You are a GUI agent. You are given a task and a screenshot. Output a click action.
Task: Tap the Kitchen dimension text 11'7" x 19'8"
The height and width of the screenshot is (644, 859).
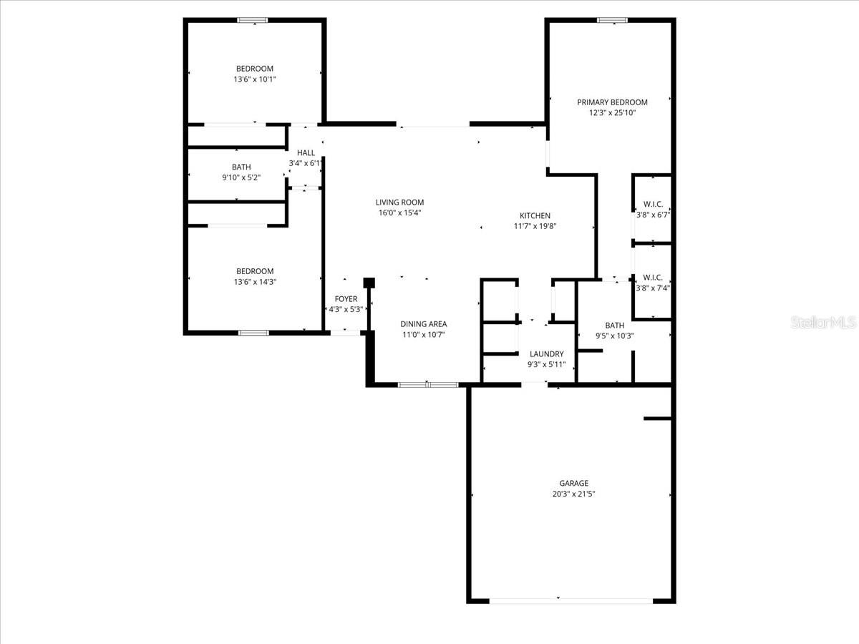(x=535, y=226)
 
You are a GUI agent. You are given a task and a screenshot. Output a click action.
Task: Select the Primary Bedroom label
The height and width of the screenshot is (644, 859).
(x=612, y=102)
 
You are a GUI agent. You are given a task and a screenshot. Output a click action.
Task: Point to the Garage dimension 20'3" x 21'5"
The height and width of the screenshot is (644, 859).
(x=573, y=494)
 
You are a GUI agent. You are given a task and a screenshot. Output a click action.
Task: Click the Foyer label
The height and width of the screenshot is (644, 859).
(x=346, y=299)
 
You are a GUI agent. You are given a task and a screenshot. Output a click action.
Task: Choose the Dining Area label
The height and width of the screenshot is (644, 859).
(x=423, y=324)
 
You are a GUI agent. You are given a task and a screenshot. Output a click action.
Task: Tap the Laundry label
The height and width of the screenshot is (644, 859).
(x=546, y=353)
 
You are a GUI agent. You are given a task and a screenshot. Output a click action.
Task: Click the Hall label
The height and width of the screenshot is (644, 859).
(x=306, y=152)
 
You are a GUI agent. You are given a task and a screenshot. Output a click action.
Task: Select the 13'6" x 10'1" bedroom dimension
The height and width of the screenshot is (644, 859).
(x=255, y=79)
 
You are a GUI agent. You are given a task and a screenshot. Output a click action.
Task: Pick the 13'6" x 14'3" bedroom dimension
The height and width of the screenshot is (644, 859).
(x=255, y=282)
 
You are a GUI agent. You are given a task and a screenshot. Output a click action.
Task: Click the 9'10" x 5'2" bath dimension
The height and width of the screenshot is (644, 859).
(x=241, y=177)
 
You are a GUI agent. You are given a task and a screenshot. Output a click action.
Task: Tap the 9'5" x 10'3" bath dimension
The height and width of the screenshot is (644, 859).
(x=614, y=336)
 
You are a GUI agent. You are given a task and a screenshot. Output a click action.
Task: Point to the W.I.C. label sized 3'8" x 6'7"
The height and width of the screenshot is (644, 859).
(x=652, y=204)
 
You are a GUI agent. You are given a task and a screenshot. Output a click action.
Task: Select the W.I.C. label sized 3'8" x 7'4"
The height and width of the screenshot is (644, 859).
(x=652, y=278)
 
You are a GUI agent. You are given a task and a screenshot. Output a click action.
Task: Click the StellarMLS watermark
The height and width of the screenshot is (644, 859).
(x=822, y=323)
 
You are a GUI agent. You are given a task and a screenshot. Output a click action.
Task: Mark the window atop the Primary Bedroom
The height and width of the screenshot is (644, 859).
(x=612, y=20)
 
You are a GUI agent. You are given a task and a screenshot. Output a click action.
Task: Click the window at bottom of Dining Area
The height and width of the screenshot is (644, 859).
(x=427, y=385)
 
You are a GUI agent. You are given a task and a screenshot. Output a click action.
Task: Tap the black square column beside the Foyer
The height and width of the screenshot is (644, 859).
(x=369, y=283)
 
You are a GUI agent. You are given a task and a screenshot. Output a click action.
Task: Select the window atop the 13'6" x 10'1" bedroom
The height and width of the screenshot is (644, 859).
(x=253, y=20)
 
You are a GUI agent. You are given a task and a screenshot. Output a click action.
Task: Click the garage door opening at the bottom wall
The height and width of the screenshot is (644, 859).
(x=571, y=600)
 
